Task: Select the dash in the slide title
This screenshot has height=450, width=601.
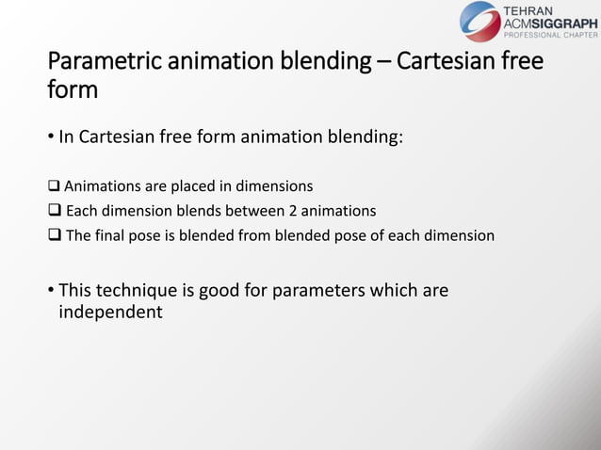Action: coord(382,64)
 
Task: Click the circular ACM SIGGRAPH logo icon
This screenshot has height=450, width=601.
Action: coord(480,21)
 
